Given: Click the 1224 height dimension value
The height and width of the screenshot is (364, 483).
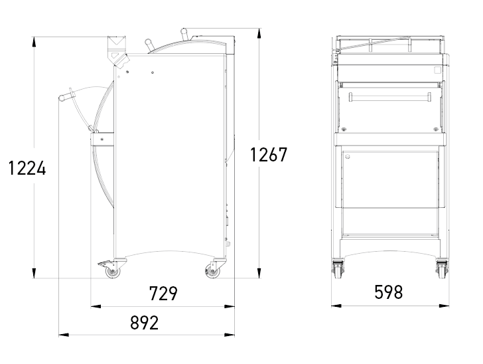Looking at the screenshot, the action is click(27, 169).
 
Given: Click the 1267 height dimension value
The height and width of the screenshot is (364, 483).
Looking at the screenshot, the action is click(269, 155).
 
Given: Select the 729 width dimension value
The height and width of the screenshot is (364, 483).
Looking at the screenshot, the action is click(163, 294).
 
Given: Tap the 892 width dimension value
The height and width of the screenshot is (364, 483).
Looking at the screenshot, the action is click(144, 323).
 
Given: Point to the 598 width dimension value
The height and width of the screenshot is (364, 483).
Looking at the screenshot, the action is click(388, 292).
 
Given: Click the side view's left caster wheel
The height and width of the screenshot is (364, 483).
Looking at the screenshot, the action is click(113, 272).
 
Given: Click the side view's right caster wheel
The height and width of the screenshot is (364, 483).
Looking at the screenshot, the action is click(212, 272).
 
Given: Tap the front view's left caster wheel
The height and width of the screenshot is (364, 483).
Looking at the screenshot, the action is click(338, 270).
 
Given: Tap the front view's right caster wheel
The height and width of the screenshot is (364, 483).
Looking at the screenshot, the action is click(442, 270).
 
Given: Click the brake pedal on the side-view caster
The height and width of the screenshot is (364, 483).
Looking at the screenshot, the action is click(105, 264).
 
